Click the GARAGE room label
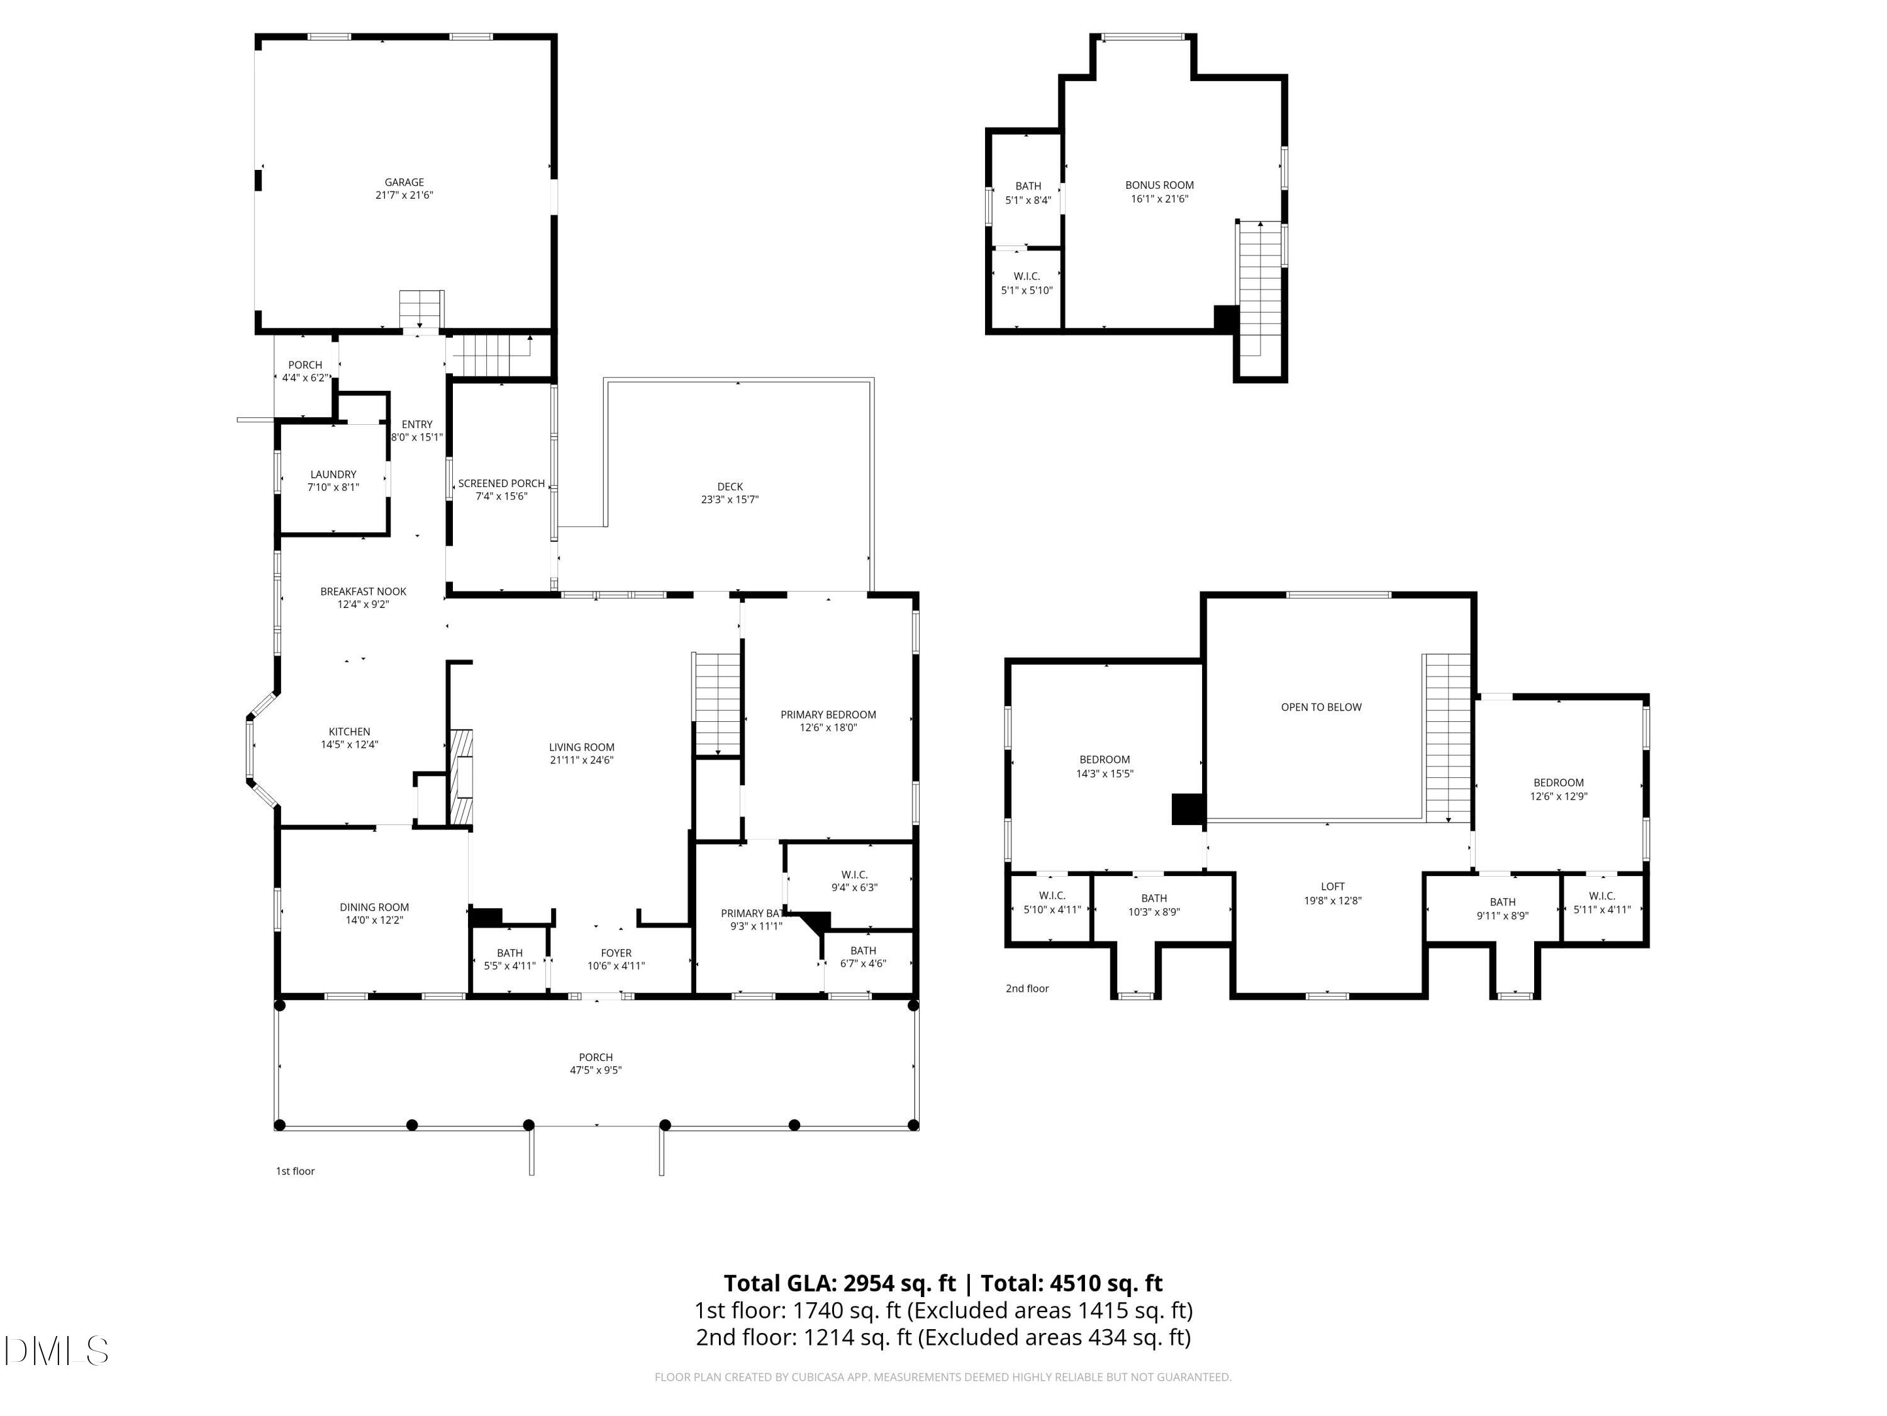(x=404, y=182)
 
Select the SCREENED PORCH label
(x=501, y=483)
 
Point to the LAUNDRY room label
(x=333, y=475)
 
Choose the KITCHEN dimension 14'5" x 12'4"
(x=349, y=745)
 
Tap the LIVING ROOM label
(x=581, y=747)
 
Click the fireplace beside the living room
(x=462, y=778)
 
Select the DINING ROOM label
(x=374, y=907)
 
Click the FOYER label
(x=615, y=953)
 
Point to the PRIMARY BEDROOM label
(x=828, y=714)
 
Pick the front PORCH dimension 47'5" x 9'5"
(x=596, y=1070)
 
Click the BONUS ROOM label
(x=1159, y=185)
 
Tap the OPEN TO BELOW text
(x=1320, y=707)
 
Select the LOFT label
(x=1332, y=887)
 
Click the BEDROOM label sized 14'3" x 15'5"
(x=1104, y=760)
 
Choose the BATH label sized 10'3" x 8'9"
(x=1154, y=898)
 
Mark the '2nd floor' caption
(x=1027, y=989)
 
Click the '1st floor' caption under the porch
(x=295, y=1171)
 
